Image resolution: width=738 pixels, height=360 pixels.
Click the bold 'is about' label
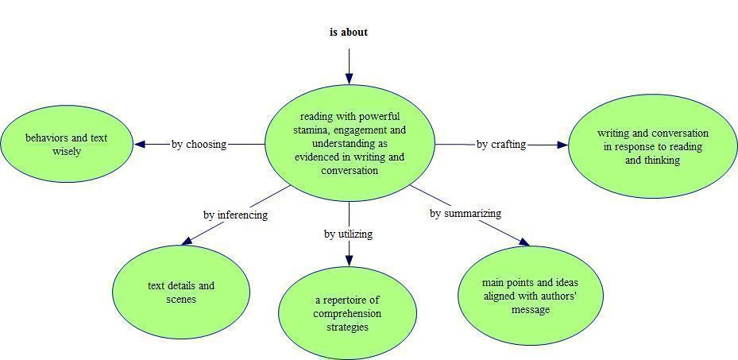click(349, 32)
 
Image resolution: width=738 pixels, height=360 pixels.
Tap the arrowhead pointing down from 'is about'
click(349, 79)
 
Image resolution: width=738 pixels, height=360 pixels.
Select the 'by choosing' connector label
click(199, 144)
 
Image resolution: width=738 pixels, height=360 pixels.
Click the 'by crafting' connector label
click(501, 144)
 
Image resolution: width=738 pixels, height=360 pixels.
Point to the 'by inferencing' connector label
click(235, 215)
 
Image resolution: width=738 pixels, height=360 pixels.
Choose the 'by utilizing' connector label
click(348, 234)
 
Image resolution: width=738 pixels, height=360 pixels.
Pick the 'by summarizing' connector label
click(466, 213)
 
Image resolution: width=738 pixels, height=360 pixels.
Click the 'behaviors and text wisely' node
click(67, 144)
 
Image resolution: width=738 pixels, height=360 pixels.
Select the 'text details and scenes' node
click(181, 292)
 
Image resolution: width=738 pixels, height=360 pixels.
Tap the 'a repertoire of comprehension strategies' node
click(348, 313)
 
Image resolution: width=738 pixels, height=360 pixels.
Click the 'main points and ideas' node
click(531, 296)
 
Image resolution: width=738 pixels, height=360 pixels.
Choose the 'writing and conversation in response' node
click(653, 146)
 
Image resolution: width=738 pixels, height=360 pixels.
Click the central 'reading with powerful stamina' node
click(350, 143)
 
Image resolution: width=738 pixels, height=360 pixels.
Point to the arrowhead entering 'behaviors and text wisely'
click(140, 144)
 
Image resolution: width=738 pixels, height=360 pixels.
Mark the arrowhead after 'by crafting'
click(562, 145)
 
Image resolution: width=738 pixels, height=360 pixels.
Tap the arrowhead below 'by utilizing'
click(349, 261)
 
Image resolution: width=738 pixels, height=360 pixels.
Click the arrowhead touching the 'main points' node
click(524, 242)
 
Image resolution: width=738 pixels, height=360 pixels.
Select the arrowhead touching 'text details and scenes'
click(187, 241)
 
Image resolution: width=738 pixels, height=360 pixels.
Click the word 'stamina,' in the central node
click(311, 130)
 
